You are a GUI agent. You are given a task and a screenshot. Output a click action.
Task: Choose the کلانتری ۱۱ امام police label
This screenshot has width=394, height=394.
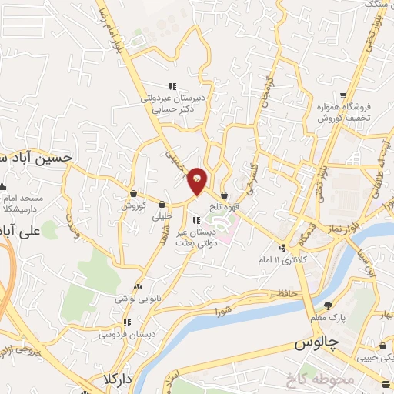tap(282, 261)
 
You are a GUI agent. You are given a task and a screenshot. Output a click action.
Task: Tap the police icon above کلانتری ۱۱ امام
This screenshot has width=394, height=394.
tap(283, 248)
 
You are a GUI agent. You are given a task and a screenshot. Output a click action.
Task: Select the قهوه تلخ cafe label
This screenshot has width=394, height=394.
tap(224, 206)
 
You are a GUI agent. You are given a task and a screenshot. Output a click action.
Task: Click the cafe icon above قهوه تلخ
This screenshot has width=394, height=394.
tap(224, 195)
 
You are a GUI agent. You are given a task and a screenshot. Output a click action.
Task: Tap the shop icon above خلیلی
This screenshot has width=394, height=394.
tap(162, 205)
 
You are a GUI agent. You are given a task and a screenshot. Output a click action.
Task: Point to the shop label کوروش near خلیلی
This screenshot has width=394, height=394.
tap(132, 206)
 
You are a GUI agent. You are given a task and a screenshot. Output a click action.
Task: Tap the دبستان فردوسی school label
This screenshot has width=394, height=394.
tap(119, 336)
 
